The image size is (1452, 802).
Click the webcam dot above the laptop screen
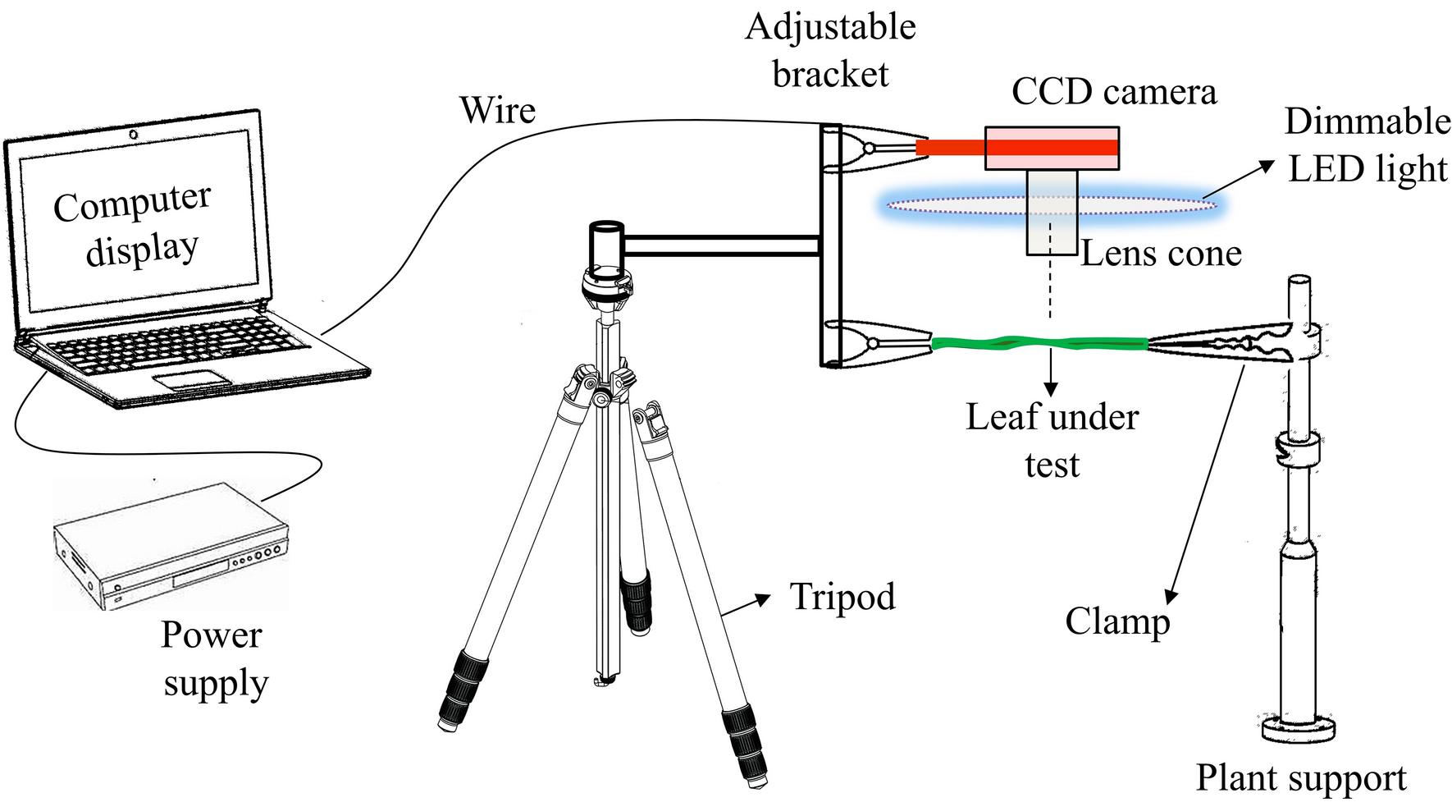click(132, 134)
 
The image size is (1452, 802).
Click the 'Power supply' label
click(213, 658)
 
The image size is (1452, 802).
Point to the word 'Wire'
click(497, 111)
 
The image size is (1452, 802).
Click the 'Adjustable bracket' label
click(830, 51)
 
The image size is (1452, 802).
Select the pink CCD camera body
click(1052, 149)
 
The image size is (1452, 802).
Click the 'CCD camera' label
click(1113, 92)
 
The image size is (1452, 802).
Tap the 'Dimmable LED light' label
click(1367, 145)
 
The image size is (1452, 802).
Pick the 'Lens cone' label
click(1161, 254)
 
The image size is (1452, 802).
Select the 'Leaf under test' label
click(1052, 440)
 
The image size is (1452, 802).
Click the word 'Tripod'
click(842, 597)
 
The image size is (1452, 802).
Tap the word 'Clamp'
click(1116, 621)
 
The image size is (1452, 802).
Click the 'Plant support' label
click(1300, 777)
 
